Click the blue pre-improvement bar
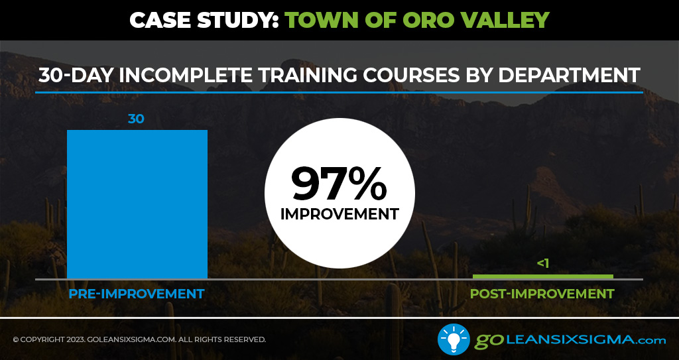click(x=137, y=204)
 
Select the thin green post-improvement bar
click(x=543, y=276)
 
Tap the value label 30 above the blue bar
click(x=136, y=119)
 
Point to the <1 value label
click(x=543, y=263)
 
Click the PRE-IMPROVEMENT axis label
click(x=137, y=294)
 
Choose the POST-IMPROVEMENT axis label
click(x=542, y=294)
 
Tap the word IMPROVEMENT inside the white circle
click(x=339, y=214)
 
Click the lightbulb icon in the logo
click(x=454, y=339)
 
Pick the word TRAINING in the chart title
click(x=308, y=75)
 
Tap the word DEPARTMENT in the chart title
click(x=569, y=75)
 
